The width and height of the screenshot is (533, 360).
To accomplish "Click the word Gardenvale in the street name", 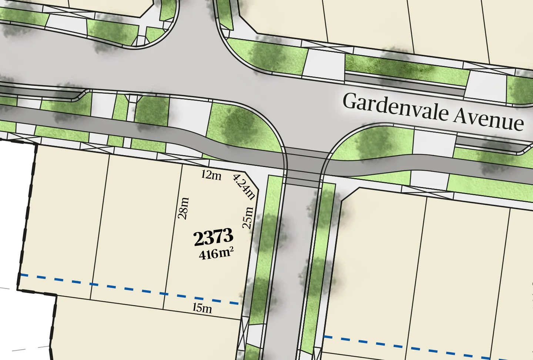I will (395, 107).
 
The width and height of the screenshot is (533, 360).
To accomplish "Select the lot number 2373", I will (213, 237).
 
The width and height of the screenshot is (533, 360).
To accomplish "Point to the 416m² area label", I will (216, 254).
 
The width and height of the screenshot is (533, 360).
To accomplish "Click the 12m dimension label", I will (211, 175).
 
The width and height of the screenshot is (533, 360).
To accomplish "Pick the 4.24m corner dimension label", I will (244, 187).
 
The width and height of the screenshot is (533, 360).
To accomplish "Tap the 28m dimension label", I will (184, 208).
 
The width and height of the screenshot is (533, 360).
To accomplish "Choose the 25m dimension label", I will (248, 218).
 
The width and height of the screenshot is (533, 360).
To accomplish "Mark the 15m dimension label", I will (202, 308).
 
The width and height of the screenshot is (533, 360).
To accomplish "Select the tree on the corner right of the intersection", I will (374, 144).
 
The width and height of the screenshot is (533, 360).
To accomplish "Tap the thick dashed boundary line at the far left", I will (28, 215).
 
